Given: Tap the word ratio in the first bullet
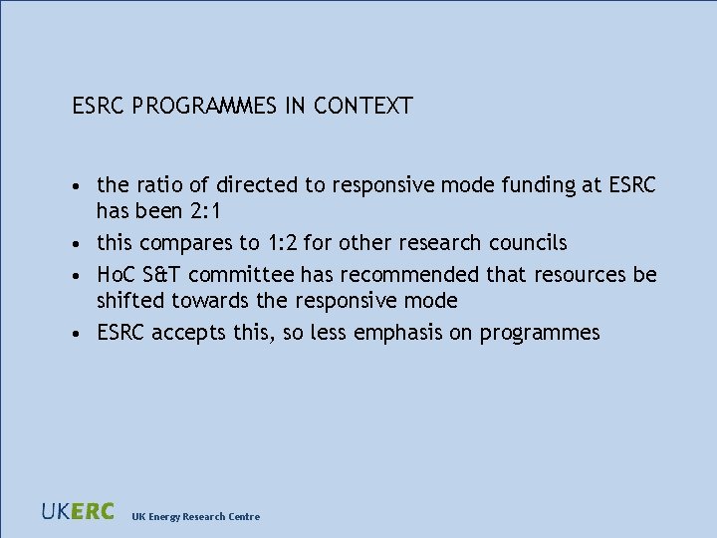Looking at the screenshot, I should [153, 184].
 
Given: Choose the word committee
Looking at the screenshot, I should [245, 274].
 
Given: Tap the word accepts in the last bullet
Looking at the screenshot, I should [190, 332].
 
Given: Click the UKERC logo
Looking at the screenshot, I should [78, 512].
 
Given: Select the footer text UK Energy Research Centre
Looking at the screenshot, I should [196, 516].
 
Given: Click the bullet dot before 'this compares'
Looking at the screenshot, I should [76, 243].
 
